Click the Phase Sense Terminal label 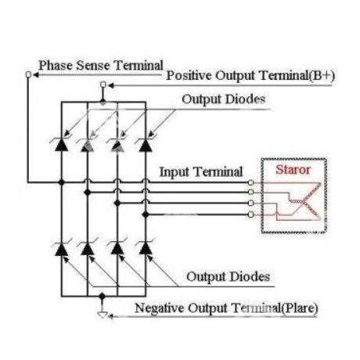(101, 65)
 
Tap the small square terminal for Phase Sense (28, 75)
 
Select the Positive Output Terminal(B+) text (250, 76)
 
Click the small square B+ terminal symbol (103, 85)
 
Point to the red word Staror (293, 170)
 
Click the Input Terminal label (201, 172)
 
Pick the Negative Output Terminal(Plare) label (226, 308)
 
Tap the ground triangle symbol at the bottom (103, 315)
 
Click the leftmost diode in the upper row (62, 144)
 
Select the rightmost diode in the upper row (146, 144)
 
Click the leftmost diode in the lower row (62, 249)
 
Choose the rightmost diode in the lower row (146, 249)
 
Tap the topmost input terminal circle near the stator (250, 182)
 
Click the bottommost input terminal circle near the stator (250, 214)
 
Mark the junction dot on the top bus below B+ (103, 102)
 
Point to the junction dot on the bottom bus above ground (103, 296)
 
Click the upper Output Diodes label (224, 99)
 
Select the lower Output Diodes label (228, 277)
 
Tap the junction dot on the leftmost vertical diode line (62, 182)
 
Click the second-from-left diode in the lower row (88, 249)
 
